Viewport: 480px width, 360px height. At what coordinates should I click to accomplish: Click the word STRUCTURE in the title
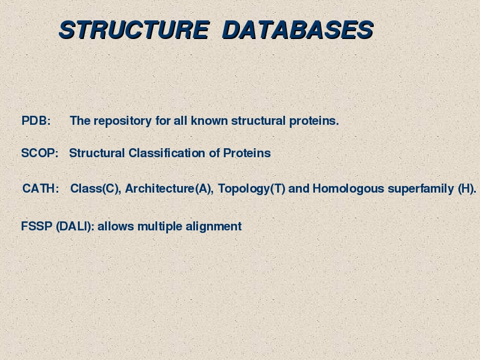pyautogui.click(x=134, y=30)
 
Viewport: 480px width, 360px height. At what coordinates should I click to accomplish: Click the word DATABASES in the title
pyautogui.click(x=298, y=30)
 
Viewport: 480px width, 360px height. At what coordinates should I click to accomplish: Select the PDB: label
pyautogui.click(x=36, y=121)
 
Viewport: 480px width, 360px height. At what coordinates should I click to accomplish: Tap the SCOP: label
pyautogui.click(x=40, y=153)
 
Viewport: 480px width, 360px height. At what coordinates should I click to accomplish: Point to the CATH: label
pyautogui.click(x=41, y=188)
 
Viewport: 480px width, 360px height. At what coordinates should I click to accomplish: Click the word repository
pyautogui.click(x=122, y=121)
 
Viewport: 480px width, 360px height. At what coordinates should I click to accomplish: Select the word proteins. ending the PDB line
pyautogui.click(x=314, y=121)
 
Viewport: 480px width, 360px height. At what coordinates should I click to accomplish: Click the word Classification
pyautogui.click(x=167, y=153)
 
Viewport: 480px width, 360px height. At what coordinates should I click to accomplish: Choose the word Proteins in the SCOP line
pyautogui.click(x=247, y=153)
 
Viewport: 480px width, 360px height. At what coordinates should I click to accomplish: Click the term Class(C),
pyautogui.click(x=96, y=188)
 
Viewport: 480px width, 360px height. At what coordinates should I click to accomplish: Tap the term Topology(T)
pyautogui.click(x=251, y=189)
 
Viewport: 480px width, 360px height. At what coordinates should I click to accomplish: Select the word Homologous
pyautogui.click(x=348, y=189)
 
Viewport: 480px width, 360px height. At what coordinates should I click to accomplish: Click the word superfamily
pyautogui.click(x=421, y=189)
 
